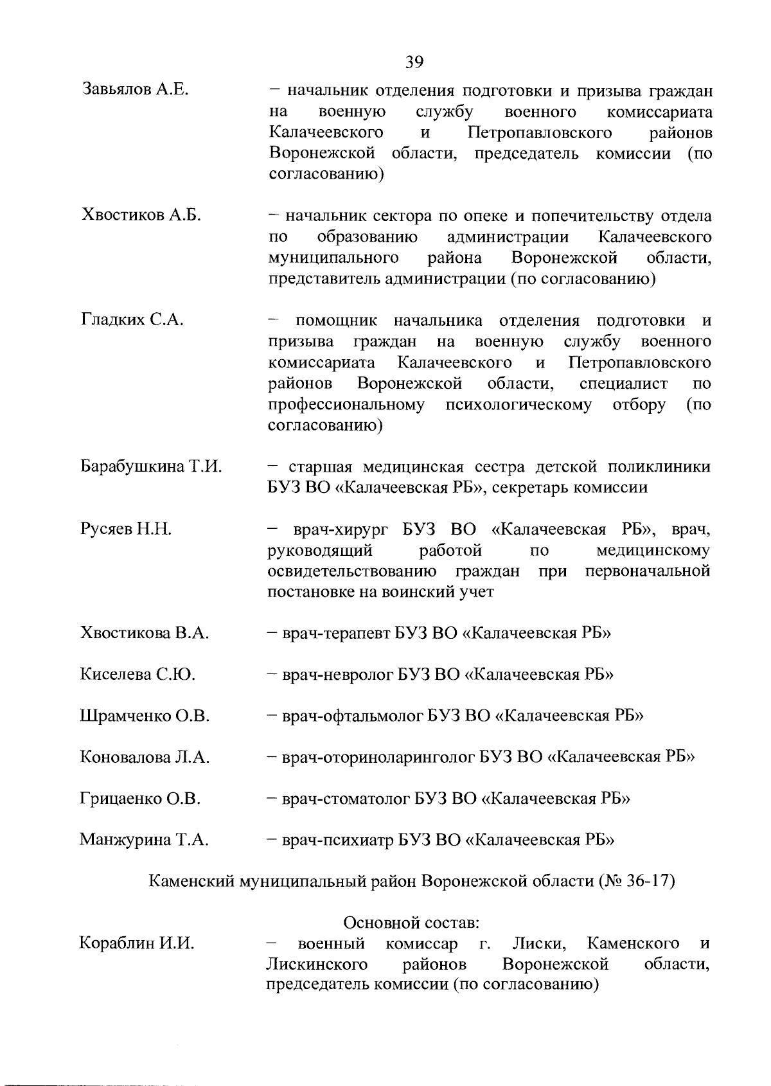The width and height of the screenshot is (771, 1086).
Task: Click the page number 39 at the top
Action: (414, 62)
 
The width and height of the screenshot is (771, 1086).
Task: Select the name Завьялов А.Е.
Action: (135, 90)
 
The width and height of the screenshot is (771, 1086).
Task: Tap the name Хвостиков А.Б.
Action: (141, 216)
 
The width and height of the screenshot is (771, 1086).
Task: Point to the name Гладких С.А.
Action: (132, 319)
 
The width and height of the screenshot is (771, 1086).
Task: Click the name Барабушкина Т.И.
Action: (151, 467)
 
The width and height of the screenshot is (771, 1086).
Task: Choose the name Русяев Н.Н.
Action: (126, 530)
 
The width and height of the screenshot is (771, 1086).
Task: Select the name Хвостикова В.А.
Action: (145, 633)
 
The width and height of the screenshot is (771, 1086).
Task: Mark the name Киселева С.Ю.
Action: (137, 675)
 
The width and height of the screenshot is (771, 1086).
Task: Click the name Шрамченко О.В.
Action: (145, 716)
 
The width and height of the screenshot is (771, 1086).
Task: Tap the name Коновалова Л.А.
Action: (145, 758)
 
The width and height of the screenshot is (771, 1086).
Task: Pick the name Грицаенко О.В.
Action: (140, 799)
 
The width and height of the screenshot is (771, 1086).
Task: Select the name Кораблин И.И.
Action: (136, 944)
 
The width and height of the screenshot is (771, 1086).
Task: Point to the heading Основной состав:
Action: (412, 923)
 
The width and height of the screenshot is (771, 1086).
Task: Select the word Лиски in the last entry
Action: (539, 944)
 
